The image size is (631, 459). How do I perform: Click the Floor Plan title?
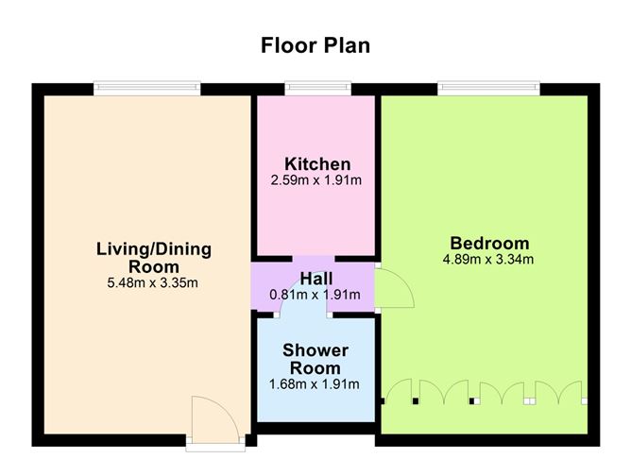[x=315, y=45]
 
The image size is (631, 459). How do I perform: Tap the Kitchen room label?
[x=317, y=164]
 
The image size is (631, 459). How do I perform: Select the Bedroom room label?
[x=489, y=244]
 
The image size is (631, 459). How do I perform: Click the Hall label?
[x=316, y=279]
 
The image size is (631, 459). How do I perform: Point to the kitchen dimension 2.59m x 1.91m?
[x=315, y=179]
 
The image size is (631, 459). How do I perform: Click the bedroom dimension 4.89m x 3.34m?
[x=488, y=259]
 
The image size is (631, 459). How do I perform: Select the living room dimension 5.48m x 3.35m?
[x=152, y=282]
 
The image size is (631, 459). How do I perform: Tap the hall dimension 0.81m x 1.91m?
[x=315, y=295]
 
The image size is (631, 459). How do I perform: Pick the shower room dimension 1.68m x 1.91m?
[x=314, y=384]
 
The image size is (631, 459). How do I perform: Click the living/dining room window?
[x=146, y=89]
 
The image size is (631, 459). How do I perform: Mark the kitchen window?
[x=318, y=89]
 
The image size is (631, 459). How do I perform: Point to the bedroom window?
[x=488, y=89]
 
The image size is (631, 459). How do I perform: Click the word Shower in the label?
[x=315, y=350]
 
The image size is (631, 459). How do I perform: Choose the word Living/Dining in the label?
[x=154, y=249]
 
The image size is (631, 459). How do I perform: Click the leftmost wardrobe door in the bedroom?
[x=399, y=389]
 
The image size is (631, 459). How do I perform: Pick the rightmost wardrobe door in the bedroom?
[x=571, y=390]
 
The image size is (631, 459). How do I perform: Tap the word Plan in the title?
[x=347, y=45]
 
